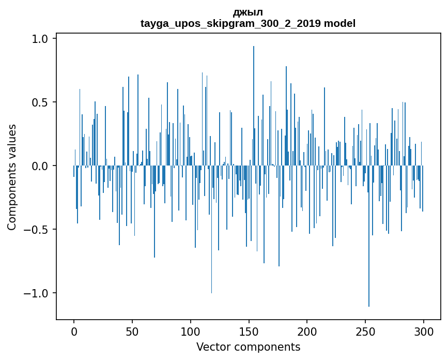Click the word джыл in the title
pyautogui.click(x=248, y=12)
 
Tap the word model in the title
pyautogui.click(x=339, y=23)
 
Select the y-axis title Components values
pyautogui.click(x=12, y=177)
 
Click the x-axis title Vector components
pyautogui.click(x=248, y=347)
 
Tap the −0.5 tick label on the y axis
pyautogui.click(x=37, y=230)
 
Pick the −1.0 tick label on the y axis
pyautogui.click(x=37, y=293)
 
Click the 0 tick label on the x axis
pyautogui.click(x=74, y=332)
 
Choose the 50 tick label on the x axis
pyautogui.click(x=132, y=332)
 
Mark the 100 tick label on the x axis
pyautogui.click(x=191, y=332)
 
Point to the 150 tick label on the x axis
pyautogui.click(x=249, y=332)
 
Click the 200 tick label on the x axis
pyautogui.click(x=307, y=332)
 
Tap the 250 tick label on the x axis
pyautogui.click(x=365, y=332)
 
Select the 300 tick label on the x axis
pyautogui.click(x=424, y=332)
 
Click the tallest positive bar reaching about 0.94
pyautogui.click(x=254, y=103)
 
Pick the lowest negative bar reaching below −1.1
pyautogui.click(x=369, y=238)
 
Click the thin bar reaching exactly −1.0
pyautogui.click(x=211, y=233)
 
